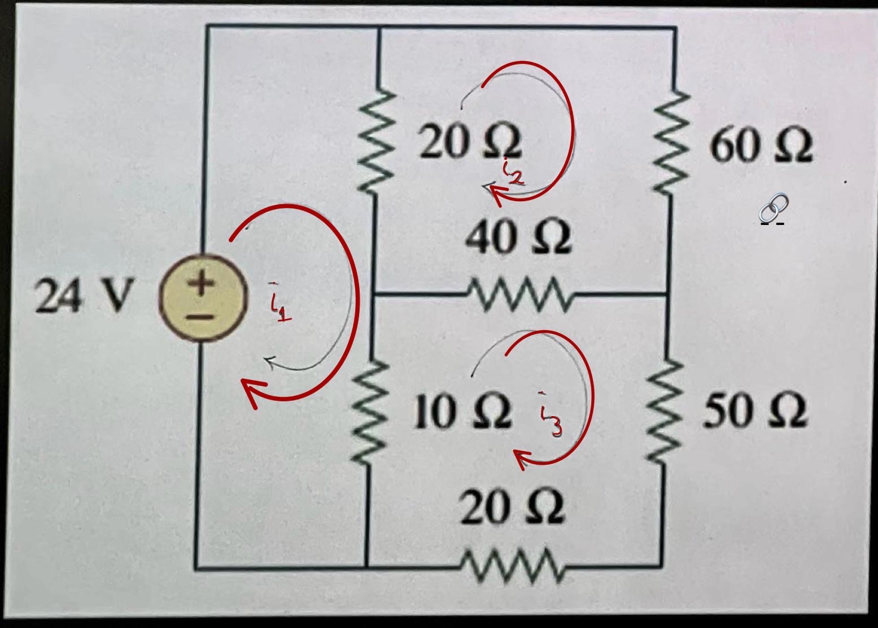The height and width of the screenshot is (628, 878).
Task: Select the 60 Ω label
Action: pyautogui.click(x=761, y=146)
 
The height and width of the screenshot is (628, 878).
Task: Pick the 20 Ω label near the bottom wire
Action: pyautogui.click(x=512, y=507)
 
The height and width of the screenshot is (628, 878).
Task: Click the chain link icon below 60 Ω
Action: pyautogui.click(x=773, y=207)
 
